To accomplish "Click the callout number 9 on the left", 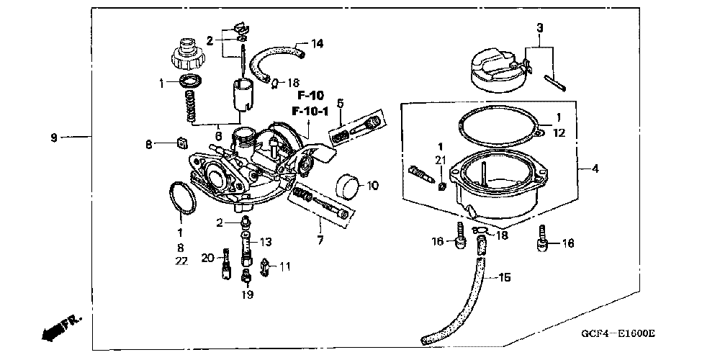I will pos(54,136).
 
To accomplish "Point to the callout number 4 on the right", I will pos(595,169).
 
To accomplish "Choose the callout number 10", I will pos(372,186).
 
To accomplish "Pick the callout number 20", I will pos(207,258).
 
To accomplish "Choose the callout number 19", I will pos(248,294).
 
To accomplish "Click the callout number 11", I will pos(285,266).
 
